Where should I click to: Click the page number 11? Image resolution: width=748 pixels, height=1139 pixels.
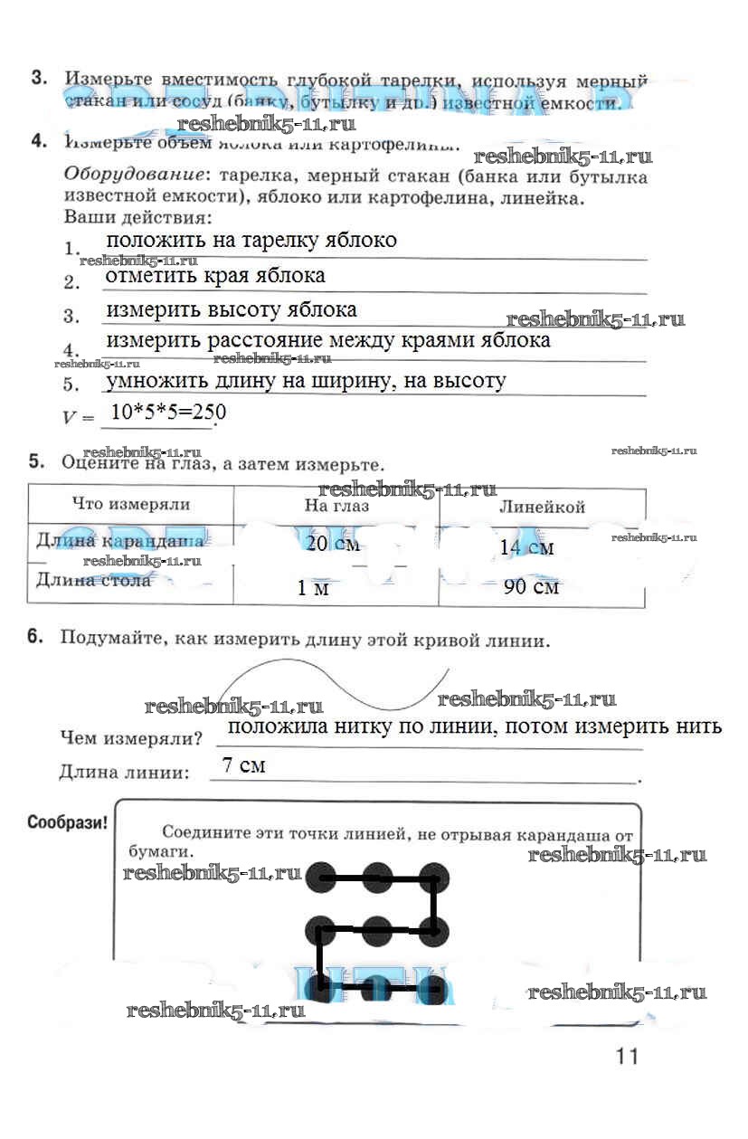pyautogui.click(x=627, y=1056)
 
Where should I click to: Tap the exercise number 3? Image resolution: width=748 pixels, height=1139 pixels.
pyautogui.click(x=39, y=79)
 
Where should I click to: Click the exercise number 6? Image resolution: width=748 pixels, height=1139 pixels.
pyautogui.click(x=36, y=637)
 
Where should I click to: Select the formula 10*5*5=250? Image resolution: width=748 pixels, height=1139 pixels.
pyautogui.click(x=167, y=413)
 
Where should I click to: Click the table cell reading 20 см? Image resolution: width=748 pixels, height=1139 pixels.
pyautogui.click(x=333, y=544)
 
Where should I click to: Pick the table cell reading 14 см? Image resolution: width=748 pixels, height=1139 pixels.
pyautogui.click(x=526, y=547)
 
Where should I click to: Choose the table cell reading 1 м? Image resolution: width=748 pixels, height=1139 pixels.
pyautogui.click(x=313, y=588)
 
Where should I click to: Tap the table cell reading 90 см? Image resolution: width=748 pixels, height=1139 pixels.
pyautogui.click(x=531, y=586)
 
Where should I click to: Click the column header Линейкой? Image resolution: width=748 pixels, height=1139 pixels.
pyautogui.click(x=542, y=507)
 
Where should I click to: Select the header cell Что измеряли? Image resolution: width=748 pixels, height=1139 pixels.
pyautogui.click(x=130, y=505)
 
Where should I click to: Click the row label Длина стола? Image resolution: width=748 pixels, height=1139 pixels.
pyautogui.click(x=93, y=580)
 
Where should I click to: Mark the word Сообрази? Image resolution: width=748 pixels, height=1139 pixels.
pyautogui.click(x=67, y=822)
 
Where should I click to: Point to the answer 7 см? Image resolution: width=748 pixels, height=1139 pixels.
pyautogui.click(x=243, y=765)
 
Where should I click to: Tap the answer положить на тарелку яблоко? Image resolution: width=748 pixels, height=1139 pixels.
pyautogui.click(x=251, y=241)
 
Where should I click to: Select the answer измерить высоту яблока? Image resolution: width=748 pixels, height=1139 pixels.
pyautogui.click(x=232, y=309)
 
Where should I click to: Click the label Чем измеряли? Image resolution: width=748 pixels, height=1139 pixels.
pyautogui.click(x=130, y=738)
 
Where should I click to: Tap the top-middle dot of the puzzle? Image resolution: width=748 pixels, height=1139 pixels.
pyautogui.click(x=376, y=876)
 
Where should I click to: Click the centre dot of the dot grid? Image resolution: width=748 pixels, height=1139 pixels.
pyautogui.click(x=376, y=928)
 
